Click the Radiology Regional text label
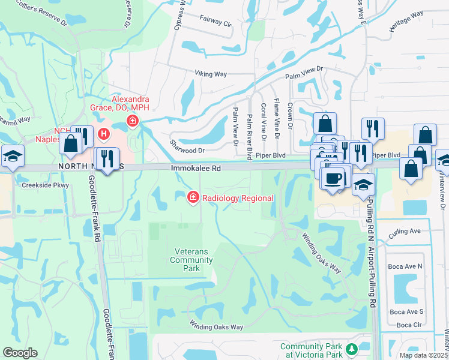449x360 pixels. point(238,199)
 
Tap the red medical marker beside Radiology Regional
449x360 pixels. point(193,197)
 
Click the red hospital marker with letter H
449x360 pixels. point(104,134)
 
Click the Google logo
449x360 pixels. point(20,353)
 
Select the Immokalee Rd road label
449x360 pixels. point(196,169)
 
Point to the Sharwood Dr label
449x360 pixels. point(187,151)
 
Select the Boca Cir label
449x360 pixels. point(409,325)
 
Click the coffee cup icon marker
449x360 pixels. point(333,178)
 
